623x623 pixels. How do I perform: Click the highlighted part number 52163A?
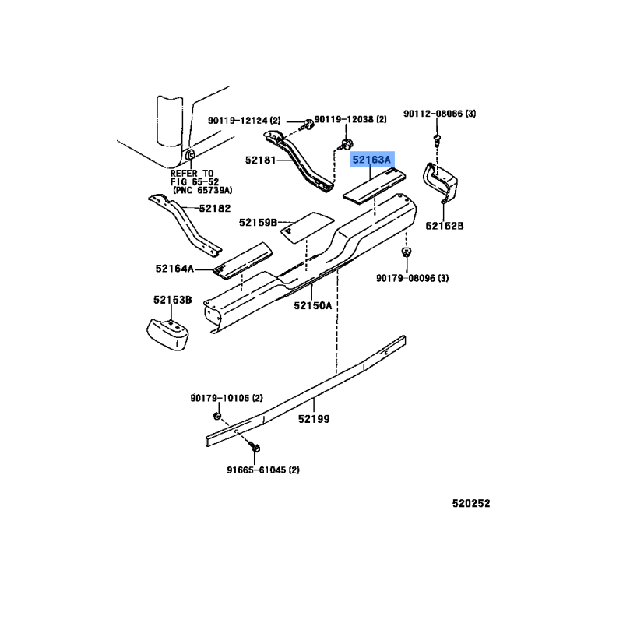click(371, 160)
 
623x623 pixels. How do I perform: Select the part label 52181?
click(260, 160)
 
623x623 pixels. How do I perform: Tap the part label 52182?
click(215, 209)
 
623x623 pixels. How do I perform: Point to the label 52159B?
click(258, 223)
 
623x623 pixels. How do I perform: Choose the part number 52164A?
click(174, 269)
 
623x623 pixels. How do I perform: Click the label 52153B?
click(172, 300)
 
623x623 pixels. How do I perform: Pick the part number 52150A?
click(313, 305)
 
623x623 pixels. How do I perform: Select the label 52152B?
click(445, 226)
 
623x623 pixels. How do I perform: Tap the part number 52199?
click(314, 419)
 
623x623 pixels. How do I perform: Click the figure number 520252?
click(471, 503)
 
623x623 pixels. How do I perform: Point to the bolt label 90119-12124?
click(238, 120)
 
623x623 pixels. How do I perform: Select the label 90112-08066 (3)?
click(440, 114)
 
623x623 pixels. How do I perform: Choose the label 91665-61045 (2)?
click(263, 470)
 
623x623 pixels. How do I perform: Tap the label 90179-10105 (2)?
click(227, 398)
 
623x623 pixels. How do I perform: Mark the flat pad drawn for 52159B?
click(307, 227)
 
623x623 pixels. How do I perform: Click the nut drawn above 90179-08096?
click(406, 252)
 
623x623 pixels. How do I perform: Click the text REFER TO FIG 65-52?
click(195, 178)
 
